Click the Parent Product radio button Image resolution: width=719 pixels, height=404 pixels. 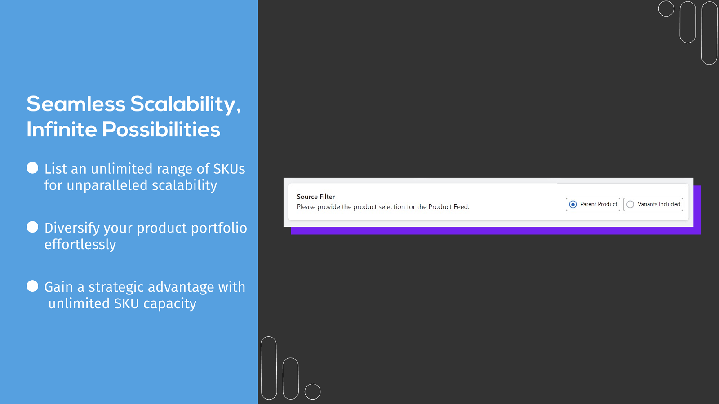point(573,204)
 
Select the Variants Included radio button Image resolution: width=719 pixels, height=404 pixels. point(630,204)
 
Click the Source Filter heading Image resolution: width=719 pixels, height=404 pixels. point(315,197)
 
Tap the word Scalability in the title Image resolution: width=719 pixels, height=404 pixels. point(185,105)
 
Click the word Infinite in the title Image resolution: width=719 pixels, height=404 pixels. point(62,129)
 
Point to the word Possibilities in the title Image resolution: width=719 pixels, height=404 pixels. point(161,129)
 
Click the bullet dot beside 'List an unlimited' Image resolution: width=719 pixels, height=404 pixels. point(32,168)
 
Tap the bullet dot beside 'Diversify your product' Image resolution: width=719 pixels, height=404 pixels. point(32,227)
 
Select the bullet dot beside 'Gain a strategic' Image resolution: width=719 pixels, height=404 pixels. point(32,286)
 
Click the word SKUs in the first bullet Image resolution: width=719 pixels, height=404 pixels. point(229,169)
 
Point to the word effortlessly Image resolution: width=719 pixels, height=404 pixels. point(80,244)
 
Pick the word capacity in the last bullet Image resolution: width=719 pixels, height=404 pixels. point(170,304)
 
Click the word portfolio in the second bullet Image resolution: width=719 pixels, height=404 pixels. point(219,228)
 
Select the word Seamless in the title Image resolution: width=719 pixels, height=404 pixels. point(76,105)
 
